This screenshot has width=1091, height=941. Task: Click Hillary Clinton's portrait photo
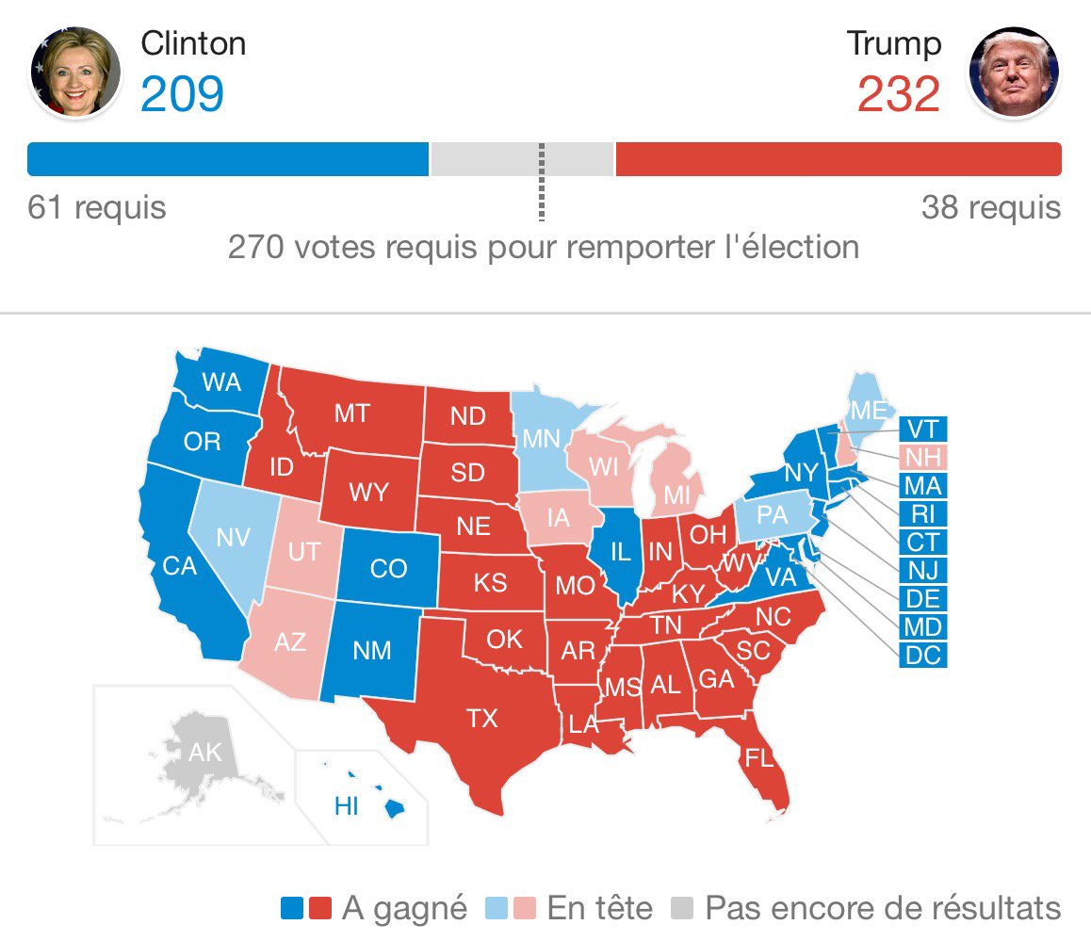(x=75, y=72)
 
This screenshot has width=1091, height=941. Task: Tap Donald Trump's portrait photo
(x=1014, y=72)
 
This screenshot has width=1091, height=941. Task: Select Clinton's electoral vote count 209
(x=182, y=94)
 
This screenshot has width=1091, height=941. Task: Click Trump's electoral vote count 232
(x=898, y=94)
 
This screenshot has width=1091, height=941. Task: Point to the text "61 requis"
(x=96, y=207)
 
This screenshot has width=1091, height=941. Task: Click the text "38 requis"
(x=990, y=207)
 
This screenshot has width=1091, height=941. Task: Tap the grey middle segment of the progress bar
(x=521, y=159)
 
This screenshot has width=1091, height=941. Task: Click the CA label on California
(x=179, y=567)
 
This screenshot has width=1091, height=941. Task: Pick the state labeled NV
(x=232, y=538)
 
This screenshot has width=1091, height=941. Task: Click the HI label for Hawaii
(x=347, y=807)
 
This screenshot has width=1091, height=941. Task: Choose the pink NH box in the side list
(x=922, y=458)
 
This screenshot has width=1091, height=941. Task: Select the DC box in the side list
(x=922, y=655)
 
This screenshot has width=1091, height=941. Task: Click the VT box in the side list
(x=922, y=430)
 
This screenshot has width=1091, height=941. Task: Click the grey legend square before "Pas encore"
(x=681, y=908)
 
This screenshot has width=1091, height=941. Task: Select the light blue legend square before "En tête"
(x=496, y=908)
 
